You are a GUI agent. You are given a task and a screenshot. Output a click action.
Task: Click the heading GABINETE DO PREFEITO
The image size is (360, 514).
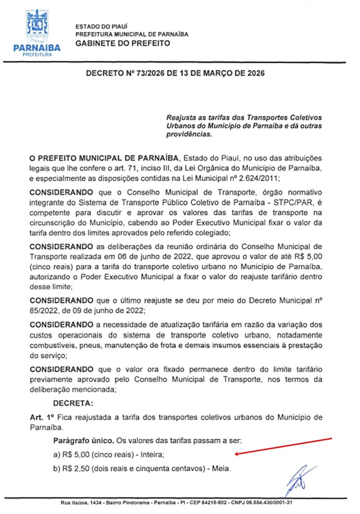coord(123,44)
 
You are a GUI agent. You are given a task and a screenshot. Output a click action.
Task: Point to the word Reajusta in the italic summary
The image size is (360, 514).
coord(182,117)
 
